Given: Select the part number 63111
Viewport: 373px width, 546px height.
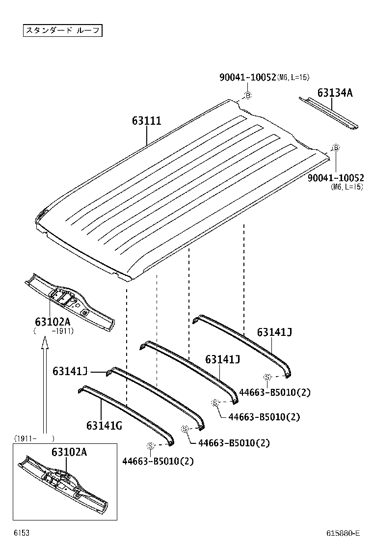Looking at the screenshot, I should pyautogui.click(x=146, y=121).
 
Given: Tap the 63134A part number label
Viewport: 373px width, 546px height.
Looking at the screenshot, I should pyautogui.click(x=335, y=93).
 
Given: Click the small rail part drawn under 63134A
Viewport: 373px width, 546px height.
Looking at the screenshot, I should pyautogui.click(x=329, y=113).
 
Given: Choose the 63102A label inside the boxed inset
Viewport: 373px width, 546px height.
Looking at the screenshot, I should pyautogui.click(x=69, y=452).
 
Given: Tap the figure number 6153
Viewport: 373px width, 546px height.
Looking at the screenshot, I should pyautogui.click(x=20, y=532).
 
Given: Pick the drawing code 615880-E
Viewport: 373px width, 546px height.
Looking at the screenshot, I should pyautogui.click(x=343, y=533).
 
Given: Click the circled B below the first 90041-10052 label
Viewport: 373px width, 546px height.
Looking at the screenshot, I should pyautogui.click(x=248, y=95).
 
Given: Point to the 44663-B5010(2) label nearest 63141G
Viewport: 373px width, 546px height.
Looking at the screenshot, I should pyautogui.click(x=158, y=461).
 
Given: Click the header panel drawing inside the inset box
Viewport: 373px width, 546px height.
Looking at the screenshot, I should pyautogui.click(x=64, y=484).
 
